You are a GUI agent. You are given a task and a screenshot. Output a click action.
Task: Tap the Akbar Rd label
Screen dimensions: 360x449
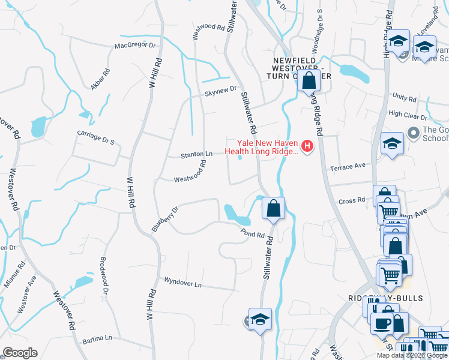click(100, 80)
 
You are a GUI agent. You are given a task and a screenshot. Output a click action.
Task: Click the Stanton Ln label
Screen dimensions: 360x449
click(197, 155)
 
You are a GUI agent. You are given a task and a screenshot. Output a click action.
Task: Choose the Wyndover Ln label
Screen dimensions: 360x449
click(182, 282)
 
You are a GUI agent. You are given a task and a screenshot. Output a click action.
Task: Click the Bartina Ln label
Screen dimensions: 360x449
click(97, 338)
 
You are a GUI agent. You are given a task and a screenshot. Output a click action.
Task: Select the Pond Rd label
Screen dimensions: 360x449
click(253, 233)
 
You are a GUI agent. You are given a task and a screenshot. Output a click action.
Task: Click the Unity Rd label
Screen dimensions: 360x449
click(404, 97)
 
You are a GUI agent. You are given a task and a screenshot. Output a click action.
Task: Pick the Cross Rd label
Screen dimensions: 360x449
click(352, 200)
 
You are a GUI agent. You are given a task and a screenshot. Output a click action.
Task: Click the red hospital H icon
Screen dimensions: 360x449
click(308, 146)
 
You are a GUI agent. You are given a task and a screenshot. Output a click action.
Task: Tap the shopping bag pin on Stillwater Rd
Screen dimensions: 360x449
click(273, 209)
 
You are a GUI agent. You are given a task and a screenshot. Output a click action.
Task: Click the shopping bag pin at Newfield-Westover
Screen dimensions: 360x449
click(309, 81)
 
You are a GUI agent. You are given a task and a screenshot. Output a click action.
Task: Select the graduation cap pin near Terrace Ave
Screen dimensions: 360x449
click(392, 144)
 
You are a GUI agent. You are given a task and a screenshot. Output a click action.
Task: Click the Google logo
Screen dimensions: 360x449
click(20, 353)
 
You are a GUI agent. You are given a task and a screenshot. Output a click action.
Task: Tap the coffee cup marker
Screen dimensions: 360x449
click(381, 324)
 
